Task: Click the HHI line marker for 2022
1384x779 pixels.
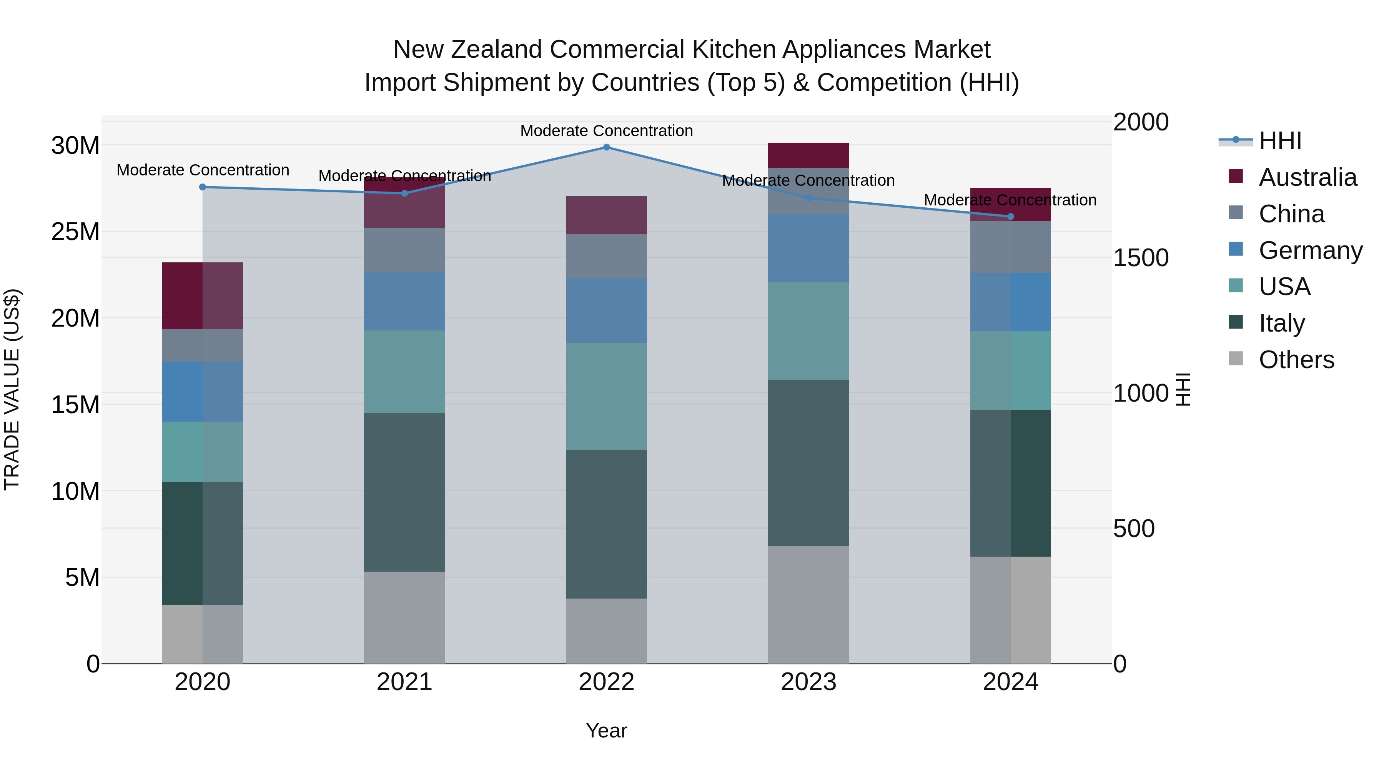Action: [x=607, y=147]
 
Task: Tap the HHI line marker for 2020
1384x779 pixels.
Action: [x=203, y=187]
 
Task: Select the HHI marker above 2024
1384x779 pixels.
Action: [x=1011, y=217]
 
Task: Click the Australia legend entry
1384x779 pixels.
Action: [x=1307, y=177]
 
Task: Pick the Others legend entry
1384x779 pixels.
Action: [x=1296, y=360]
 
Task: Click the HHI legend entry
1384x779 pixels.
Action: [x=1280, y=141]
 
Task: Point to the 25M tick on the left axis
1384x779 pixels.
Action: [x=75, y=232]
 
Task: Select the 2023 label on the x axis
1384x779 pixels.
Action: [x=808, y=682]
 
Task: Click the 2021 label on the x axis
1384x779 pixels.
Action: [x=404, y=682]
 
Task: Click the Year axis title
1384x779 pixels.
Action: [x=607, y=731]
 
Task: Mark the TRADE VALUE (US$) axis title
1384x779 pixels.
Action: [x=12, y=389]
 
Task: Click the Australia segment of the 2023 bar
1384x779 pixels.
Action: [x=808, y=155]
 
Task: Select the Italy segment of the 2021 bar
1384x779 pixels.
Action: [x=404, y=492]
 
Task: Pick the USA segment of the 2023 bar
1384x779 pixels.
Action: [x=808, y=331]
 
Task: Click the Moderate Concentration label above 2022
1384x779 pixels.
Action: [x=607, y=131]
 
